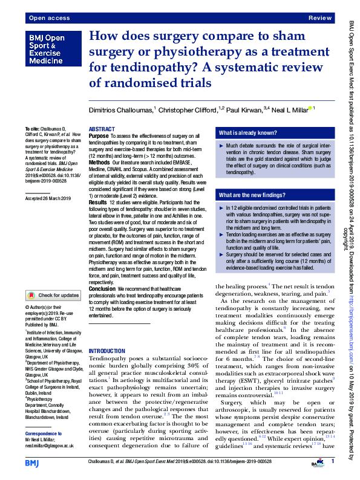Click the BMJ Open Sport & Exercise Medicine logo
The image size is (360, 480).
45,50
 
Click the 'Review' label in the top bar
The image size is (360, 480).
320,19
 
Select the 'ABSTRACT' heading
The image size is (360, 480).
102,129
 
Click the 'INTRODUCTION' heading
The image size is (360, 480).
108,351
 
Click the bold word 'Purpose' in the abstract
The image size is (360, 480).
99,137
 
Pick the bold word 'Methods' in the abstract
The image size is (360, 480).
100,163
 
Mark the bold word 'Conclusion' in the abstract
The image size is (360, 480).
102,289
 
